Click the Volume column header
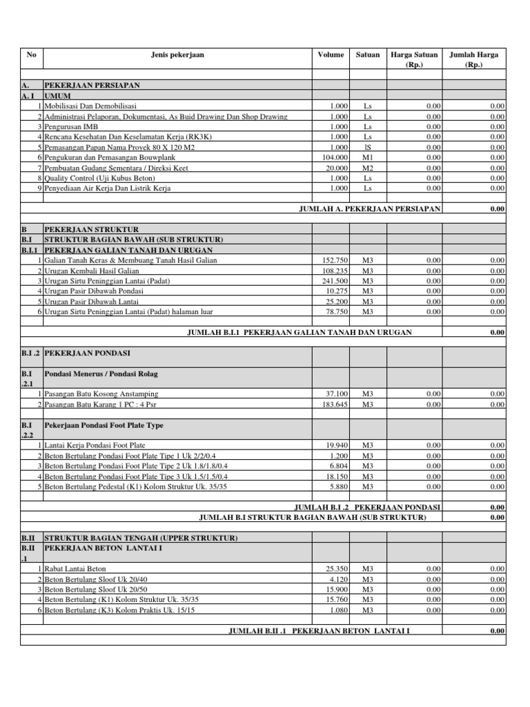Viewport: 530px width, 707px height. (331, 55)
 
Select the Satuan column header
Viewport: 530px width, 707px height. (367, 55)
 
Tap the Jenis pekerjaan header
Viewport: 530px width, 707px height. (177, 55)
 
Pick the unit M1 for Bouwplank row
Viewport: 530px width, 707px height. (367, 157)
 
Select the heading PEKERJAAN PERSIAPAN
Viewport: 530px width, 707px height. (92, 86)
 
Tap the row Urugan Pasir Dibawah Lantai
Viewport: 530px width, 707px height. (91, 302)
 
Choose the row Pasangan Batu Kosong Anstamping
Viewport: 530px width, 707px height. (101, 394)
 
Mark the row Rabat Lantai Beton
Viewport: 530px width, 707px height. (75, 568)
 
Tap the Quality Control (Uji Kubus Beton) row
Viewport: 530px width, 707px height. (99, 178)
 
